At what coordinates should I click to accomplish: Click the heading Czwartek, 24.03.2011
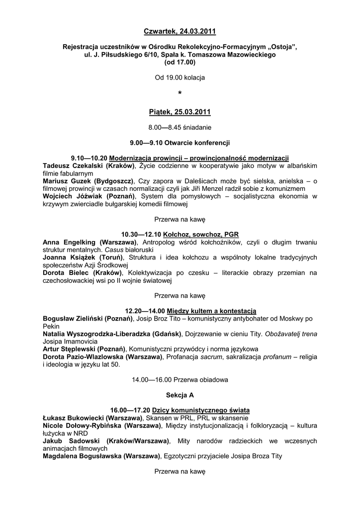coord(180,32)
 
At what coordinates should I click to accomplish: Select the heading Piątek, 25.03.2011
coord(180,112)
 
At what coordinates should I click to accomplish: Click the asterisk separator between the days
coord(180,94)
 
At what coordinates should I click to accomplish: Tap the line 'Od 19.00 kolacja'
coord(180,78)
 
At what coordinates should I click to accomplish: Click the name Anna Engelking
coord(70,242)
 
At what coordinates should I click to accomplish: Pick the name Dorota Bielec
coord(64,273)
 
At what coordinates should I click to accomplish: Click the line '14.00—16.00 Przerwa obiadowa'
coord(180,380)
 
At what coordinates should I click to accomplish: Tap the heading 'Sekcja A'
coord(180,395)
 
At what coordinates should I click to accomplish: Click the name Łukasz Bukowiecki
coord(73,418)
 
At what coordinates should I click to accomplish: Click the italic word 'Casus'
coord(113,250)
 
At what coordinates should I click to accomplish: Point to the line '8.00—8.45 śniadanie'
coord(180,127)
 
